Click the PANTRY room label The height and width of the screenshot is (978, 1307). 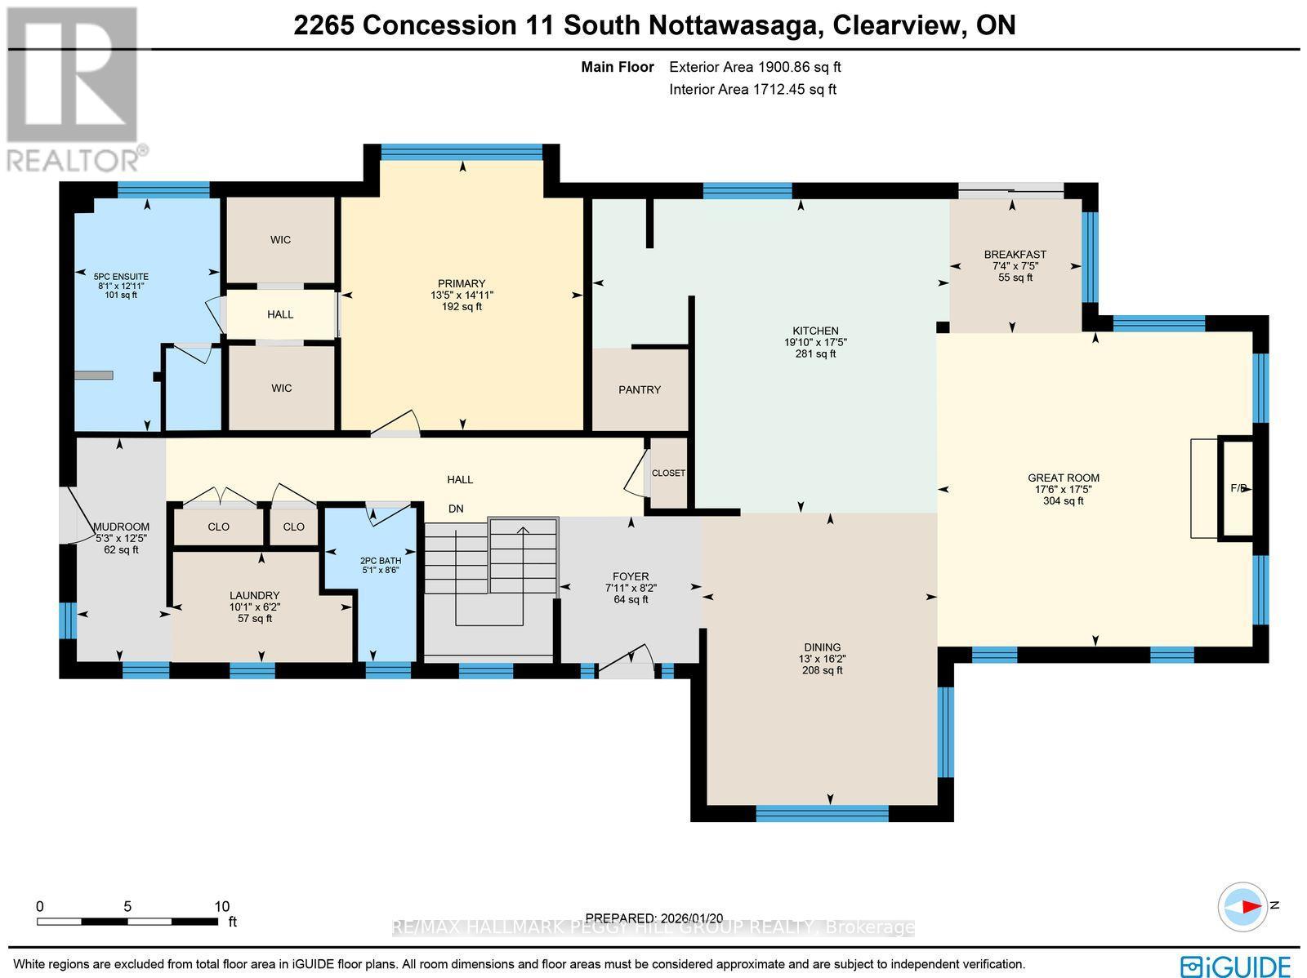coord(639,389)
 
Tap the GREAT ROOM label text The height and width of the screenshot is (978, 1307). coord(1063,478)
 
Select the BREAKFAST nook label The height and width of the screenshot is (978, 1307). coord(1015,255)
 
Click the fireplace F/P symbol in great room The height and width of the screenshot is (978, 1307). coord(1237,488)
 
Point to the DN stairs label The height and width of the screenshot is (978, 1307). coord(456,509)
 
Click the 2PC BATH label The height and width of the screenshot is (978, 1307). coord(381,561)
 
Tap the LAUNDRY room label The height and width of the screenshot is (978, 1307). coord(255,595)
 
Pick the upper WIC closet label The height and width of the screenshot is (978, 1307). coord(280,240)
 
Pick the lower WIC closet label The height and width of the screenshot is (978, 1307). coord(281,388)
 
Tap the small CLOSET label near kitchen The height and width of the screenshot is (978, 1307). coord(668,473)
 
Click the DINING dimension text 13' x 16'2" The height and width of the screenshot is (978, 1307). coord(823,659)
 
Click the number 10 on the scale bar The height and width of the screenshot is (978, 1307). coord(221,906)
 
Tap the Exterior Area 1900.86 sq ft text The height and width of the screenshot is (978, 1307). coord(754,67)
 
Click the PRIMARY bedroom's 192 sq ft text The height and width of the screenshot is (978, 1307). coord(462,307)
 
